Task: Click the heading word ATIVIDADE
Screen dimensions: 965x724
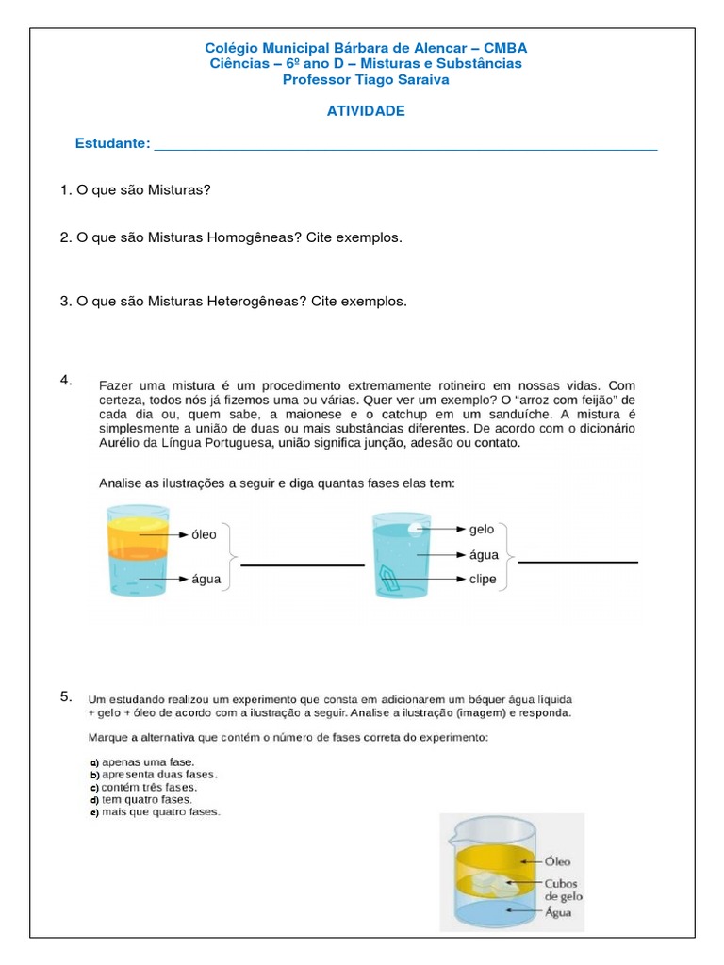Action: tap(366, 111)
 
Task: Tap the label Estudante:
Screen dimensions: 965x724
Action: tap(113, 143)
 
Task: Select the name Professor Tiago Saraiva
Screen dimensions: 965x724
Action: tap(366, 80)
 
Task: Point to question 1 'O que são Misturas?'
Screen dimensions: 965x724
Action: tap(136, 190)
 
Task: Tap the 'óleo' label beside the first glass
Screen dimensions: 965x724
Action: tap(204, 534)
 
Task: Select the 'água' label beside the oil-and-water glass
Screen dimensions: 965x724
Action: tap(206, 579)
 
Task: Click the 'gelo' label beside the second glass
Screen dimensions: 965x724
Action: tap(482, 531)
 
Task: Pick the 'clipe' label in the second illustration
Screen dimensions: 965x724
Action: tap(483, 580)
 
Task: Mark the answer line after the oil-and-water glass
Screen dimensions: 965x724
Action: tap(302, 564)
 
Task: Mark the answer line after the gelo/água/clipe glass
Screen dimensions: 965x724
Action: tap(578, 562)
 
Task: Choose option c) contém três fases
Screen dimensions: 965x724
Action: tap(143, 787)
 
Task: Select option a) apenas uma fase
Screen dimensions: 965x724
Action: tap(141, 761)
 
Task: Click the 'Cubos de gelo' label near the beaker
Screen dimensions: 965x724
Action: tap(566, 891)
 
